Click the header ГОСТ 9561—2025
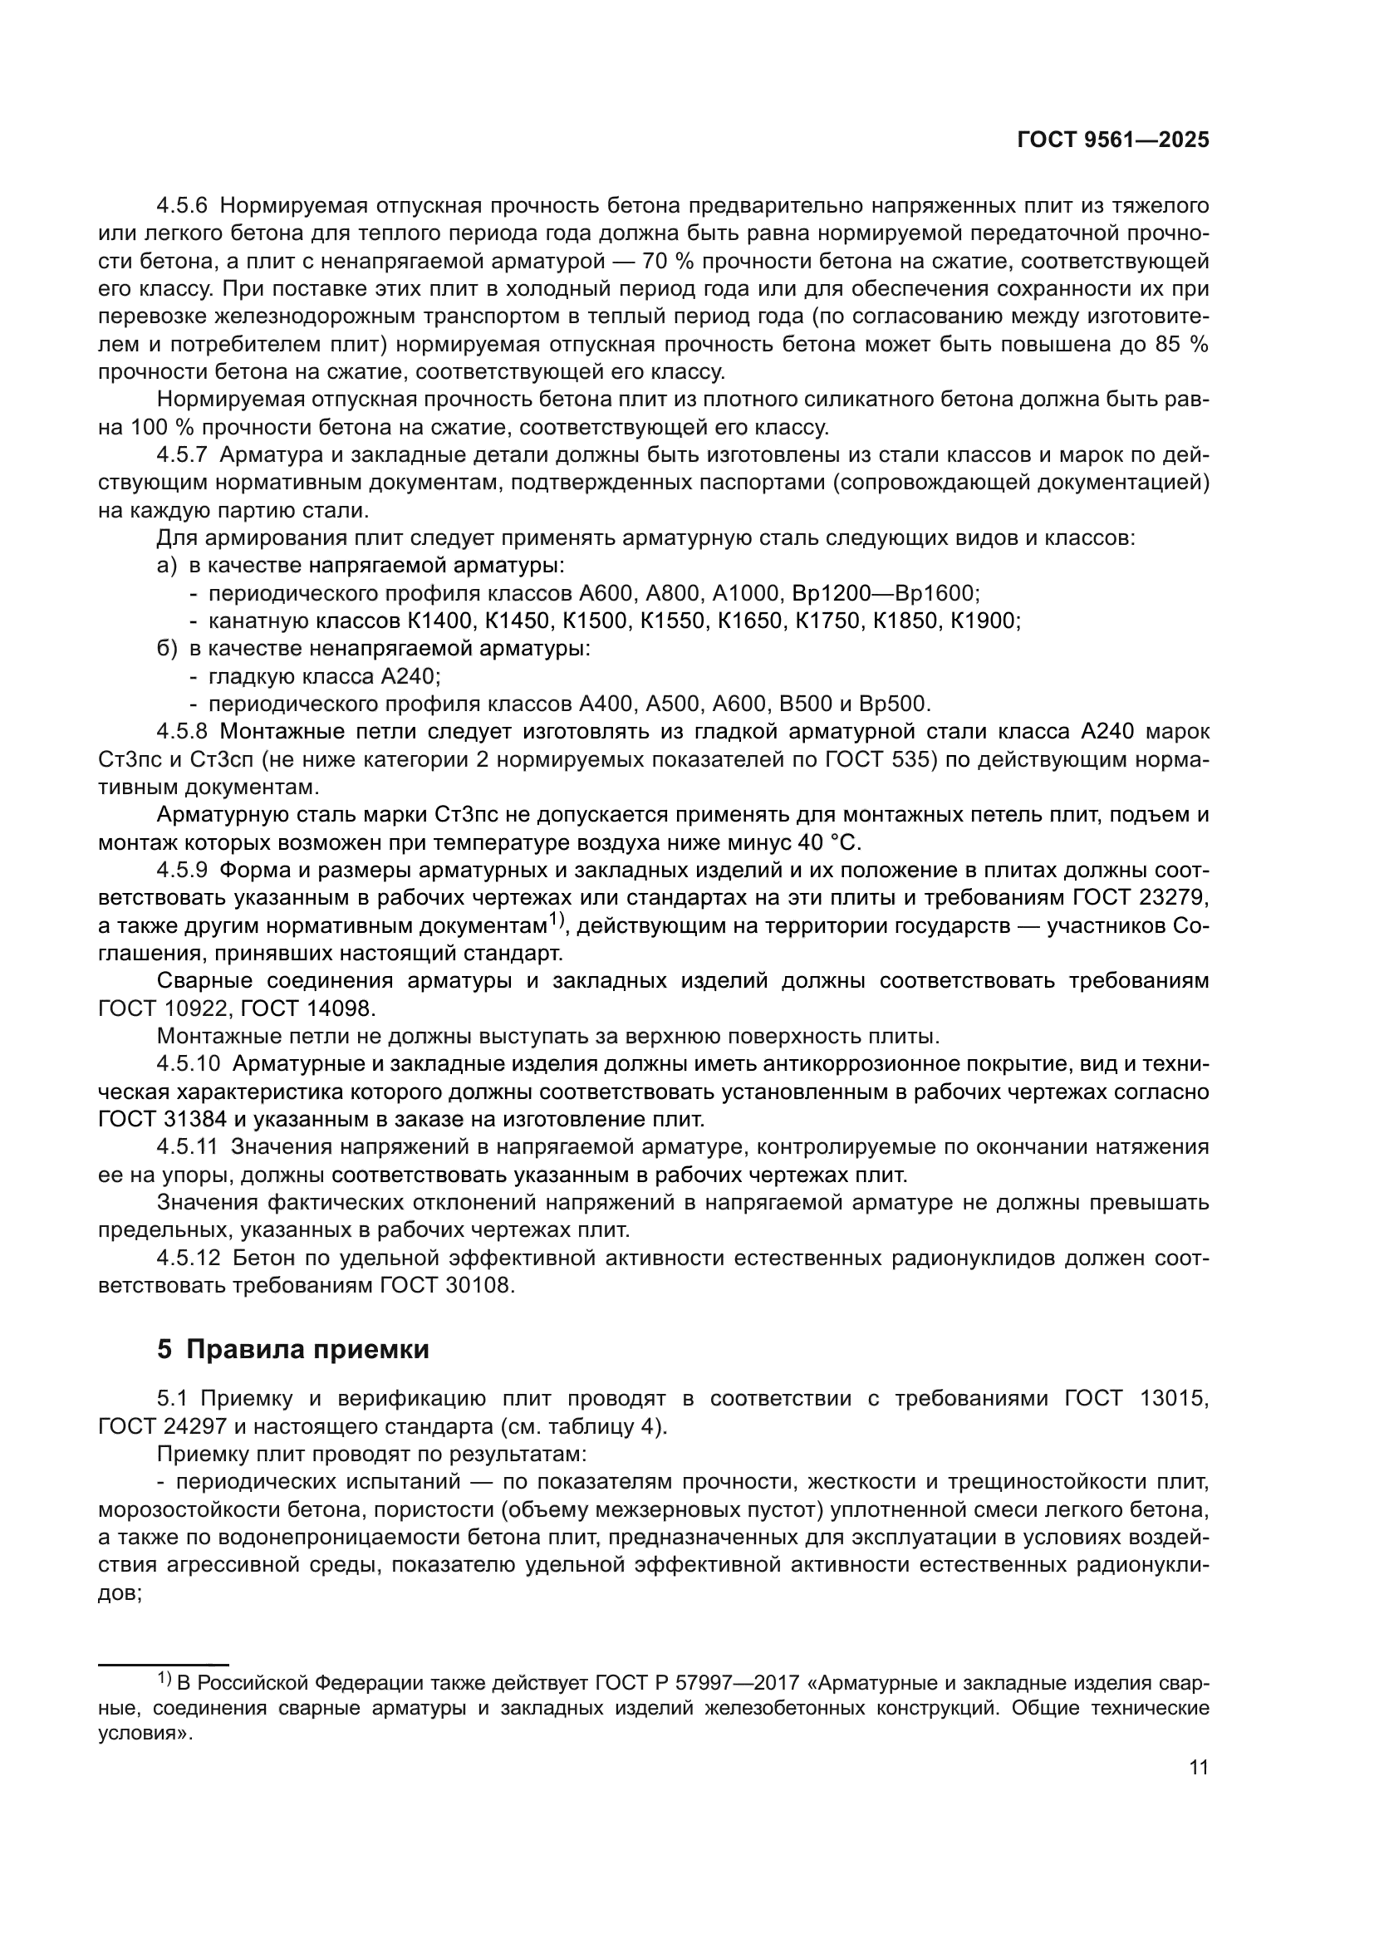[x=1112, y=140]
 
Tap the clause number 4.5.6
[x=182, y=206]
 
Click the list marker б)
[x=168, y=649]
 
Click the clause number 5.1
[x=174, y=1399]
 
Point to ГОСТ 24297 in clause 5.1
[x=163, y=1427]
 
